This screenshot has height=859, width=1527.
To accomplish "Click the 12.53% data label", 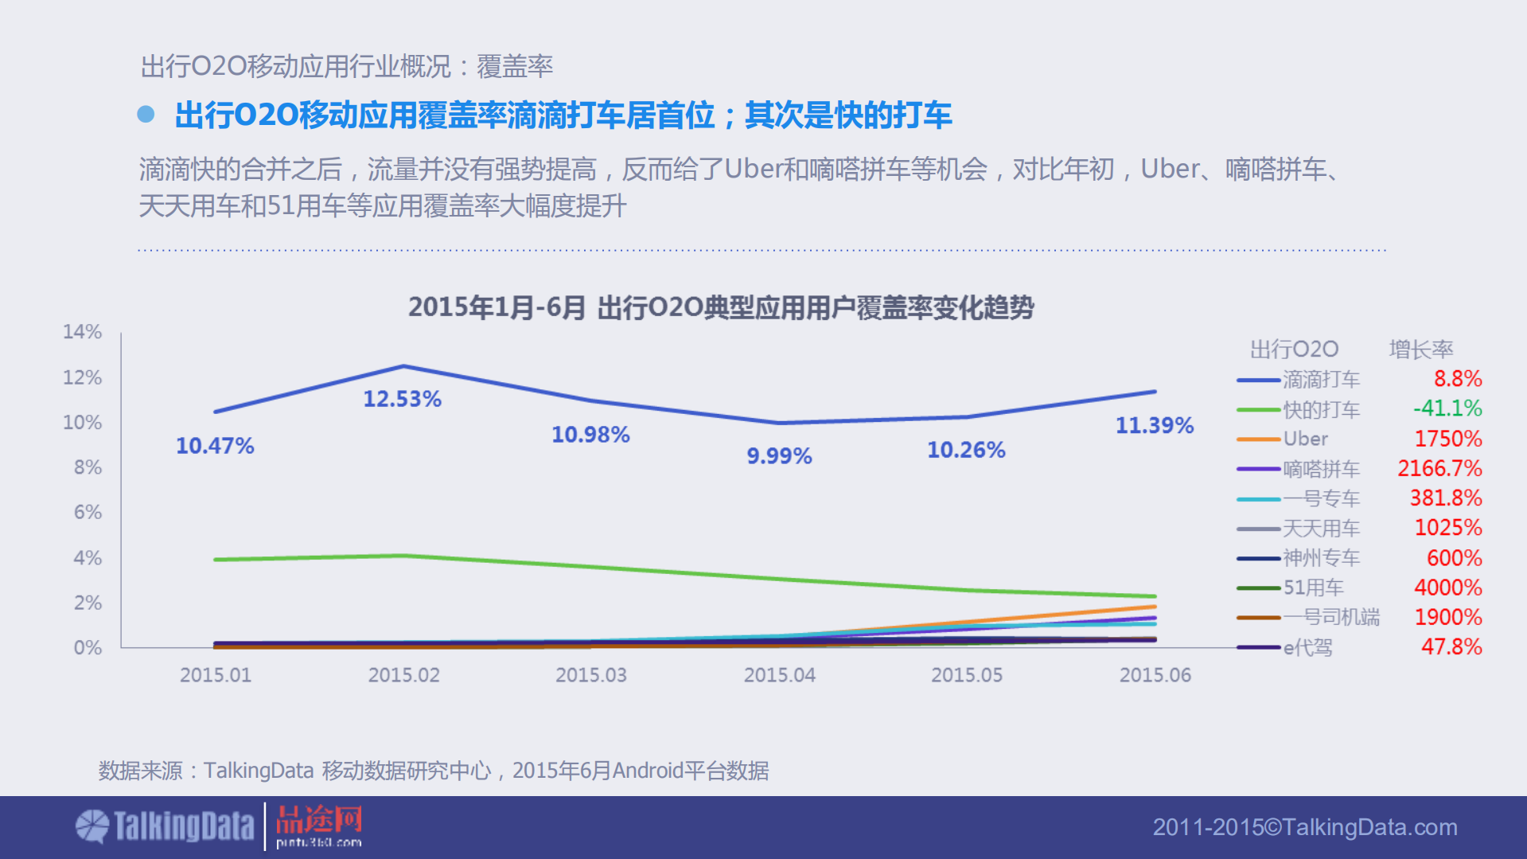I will (x=402, y=399).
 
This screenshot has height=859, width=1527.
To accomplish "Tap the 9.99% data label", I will (x=778, y=456).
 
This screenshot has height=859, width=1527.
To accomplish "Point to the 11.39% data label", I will (x=1154, y=426).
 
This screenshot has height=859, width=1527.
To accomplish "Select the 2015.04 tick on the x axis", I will (x=779, y=675).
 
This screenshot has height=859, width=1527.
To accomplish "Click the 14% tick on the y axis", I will (x=83, y=332).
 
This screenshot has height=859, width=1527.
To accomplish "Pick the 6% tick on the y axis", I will (x=88, y=512).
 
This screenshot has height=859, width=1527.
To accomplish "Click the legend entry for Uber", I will (x=1305, y=439).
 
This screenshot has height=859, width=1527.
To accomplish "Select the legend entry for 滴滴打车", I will (x=1320, y=380).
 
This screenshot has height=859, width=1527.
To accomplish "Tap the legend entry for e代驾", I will (x=1307, y=647).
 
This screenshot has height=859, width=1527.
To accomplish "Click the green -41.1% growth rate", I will (x=1447, y=408).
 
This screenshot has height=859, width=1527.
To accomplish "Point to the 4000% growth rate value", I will (x=1447, y=588).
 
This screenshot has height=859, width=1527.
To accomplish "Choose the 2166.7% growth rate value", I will (x=1439, y=468).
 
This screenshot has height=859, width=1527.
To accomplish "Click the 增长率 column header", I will (x=1421, y=349).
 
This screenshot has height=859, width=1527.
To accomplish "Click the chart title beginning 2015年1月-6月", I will (x=721, y=308).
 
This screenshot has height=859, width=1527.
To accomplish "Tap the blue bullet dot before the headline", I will (x=146, y=115).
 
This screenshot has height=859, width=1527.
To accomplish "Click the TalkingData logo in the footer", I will (x=165, y=826).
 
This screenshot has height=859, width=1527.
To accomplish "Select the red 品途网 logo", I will (x=318, y=826).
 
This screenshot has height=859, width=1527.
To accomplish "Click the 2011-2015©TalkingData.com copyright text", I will (x=1305, y=827).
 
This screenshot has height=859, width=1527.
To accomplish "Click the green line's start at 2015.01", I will (x=216, y=560).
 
